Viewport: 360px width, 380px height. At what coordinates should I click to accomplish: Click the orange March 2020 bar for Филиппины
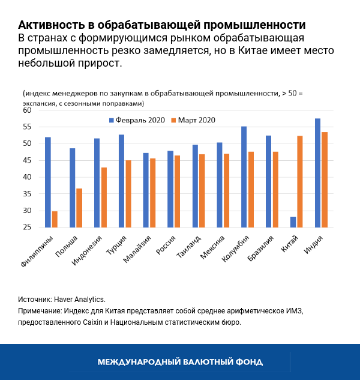pos(55,219)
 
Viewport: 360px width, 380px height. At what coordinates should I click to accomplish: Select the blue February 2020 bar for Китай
pos(293,222)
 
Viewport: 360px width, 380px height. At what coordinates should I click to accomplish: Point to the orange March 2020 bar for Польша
pos(79,208)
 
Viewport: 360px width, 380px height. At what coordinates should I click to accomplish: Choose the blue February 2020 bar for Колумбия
pos(244,177)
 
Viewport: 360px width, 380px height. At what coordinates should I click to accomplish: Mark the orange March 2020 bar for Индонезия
pos(104,198)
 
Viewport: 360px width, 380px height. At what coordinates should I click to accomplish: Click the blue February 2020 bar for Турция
pos(121,181)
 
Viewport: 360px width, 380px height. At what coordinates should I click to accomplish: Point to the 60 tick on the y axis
pos(27,110)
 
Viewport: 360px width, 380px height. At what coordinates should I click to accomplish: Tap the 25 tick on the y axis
pos(27,228)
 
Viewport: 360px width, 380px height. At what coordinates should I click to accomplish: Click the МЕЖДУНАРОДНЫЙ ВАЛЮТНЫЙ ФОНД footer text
pos(180,362)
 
